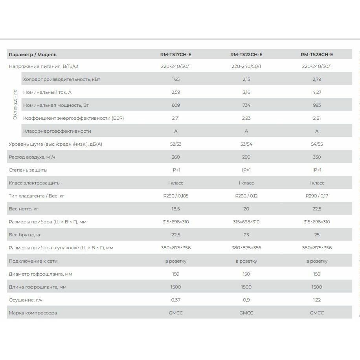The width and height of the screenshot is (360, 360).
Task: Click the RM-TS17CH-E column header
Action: pos(176,55)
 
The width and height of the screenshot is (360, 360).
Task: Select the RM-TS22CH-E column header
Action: pos(246,55)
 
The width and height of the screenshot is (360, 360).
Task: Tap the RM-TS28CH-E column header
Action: pos(317,55)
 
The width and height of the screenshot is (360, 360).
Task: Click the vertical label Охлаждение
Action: pos(15,104)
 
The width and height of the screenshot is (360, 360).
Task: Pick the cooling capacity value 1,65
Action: pos(176,79)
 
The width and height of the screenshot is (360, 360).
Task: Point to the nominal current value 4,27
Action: pos(317,92)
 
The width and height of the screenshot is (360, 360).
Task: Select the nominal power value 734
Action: pos(246,105)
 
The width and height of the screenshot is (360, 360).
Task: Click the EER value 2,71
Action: pos(176,118)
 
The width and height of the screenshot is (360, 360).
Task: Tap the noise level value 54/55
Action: pos(317,144)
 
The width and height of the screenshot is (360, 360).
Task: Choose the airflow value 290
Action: pos(246,157)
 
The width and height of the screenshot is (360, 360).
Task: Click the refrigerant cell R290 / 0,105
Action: pos(176,196)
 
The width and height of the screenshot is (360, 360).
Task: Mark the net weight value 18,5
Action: pos(176,209)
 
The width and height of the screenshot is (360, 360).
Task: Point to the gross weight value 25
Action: pos(317,235)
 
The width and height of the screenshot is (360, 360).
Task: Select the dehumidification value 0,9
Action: pos(246,300)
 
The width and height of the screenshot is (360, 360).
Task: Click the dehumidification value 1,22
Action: pos(317,300)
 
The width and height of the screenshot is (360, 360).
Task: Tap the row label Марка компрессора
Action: pos(33,313)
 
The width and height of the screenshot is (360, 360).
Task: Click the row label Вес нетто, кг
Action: pos(24,209)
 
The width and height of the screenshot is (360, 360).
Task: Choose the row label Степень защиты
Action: pos(28,170)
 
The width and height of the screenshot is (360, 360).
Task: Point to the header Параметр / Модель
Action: pos(33,55)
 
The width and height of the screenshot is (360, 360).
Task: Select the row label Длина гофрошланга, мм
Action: pos(37,287)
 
